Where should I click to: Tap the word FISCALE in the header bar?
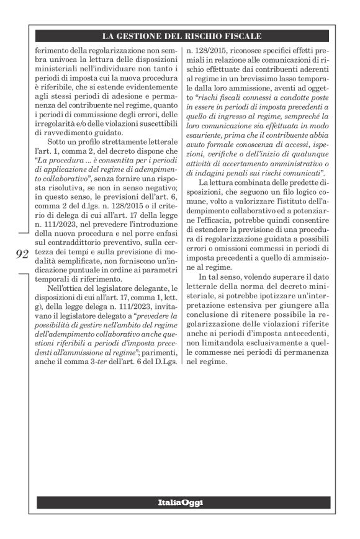pyautogui.click(x=241, y=36)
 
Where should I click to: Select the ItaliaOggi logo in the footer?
pyautogui.click(x=179, y=501)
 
